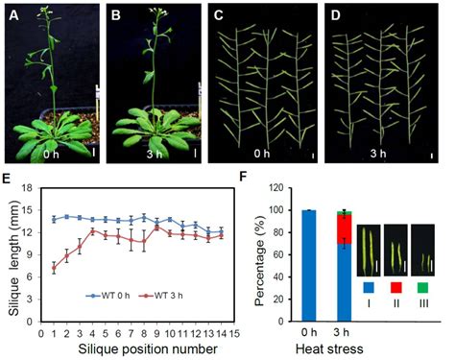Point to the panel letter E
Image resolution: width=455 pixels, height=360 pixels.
12,179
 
